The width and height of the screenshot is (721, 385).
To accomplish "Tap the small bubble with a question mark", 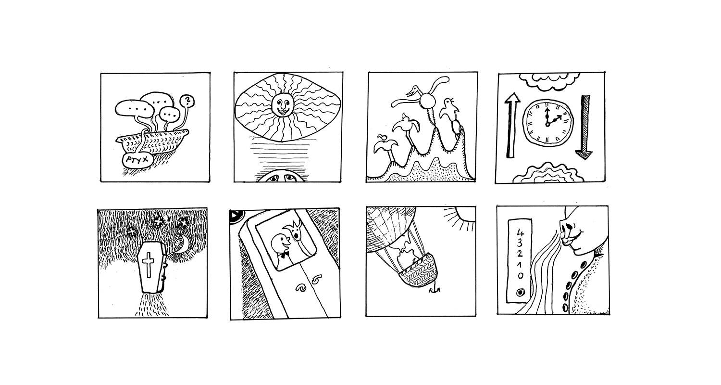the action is point(187,101).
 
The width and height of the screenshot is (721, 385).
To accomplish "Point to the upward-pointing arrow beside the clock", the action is point(512,126).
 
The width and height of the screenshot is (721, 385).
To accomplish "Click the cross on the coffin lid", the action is point(149,265).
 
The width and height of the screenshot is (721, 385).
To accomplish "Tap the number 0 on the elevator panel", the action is point(520,275).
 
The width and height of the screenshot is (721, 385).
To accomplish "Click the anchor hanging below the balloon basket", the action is point(435,289).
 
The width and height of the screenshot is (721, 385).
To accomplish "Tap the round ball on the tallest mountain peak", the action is point(428,101).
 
